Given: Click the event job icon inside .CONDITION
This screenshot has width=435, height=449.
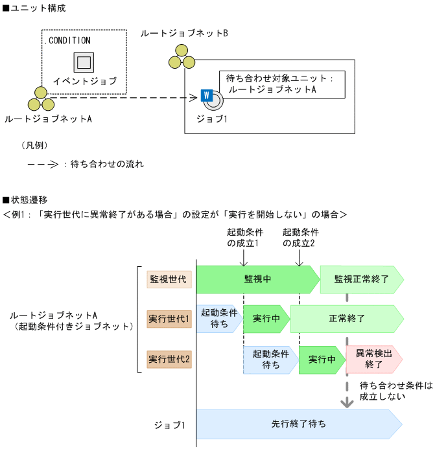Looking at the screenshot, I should (x=84, y=62).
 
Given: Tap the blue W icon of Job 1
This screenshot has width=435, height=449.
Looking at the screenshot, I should (x=207, y=95).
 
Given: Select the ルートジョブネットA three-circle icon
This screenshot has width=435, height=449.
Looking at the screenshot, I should (x=40, y=99).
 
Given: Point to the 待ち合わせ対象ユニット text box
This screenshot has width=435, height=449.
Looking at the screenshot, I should (x=281, y=84).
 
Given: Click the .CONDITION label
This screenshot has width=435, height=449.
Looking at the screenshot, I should (x=69, y=40).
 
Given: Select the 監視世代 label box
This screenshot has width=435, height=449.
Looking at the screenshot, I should (x=169, y=279).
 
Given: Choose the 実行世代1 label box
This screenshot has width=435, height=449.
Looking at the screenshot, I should (x=169, y=319).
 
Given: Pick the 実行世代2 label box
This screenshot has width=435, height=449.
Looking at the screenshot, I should (x=169, y=358).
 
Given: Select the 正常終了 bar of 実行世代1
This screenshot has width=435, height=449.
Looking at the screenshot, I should (x=347, y=319).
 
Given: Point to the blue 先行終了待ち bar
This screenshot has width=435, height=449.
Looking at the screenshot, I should (x=298, y=424).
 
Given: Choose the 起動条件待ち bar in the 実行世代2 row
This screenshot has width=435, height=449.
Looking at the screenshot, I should (x=271, y=359).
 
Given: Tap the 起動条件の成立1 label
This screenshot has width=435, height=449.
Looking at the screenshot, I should (x=243, y=238).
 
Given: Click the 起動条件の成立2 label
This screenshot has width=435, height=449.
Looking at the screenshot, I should (x=299, y=238).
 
